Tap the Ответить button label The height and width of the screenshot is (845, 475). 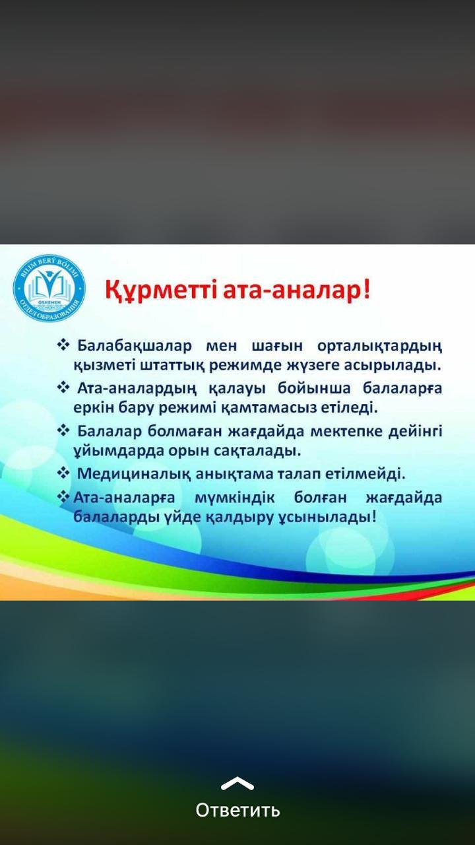pos(237,810)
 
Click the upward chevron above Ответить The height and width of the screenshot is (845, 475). pos(237,783)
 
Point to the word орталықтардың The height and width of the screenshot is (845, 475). pos(379,347)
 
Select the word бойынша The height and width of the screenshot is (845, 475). pos(314,388)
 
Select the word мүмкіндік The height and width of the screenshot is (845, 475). pos(234,498)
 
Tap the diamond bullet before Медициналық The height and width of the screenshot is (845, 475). pos(64,473)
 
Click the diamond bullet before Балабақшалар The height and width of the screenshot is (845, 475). pos(64,345)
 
